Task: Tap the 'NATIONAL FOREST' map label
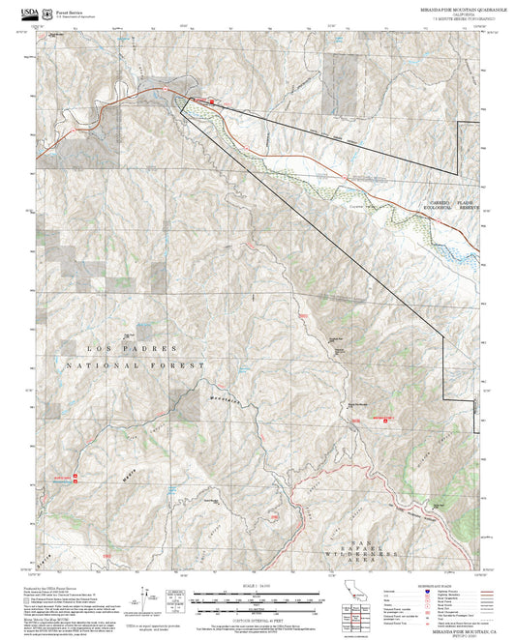pyautogui.click(x=137, y=365)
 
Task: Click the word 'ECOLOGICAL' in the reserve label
pyautogui.click(x=428, y=207)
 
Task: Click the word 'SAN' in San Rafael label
pyautogui.click(x=362, y=527)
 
